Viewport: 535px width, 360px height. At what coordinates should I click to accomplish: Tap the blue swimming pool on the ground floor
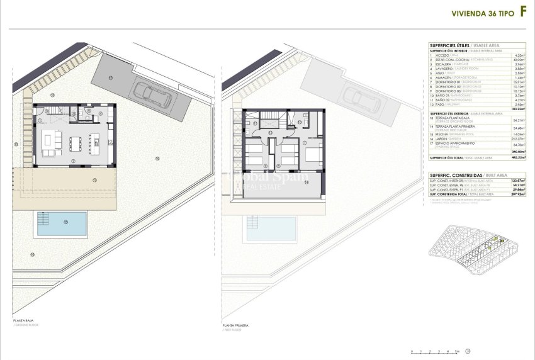tap(62, 223)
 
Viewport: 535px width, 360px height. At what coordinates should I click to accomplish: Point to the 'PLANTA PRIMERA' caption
tap(236, 325)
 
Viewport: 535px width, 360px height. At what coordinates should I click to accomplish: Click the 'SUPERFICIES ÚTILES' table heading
tap(448, 45)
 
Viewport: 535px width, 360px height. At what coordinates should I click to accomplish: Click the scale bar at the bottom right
tap(435, 349)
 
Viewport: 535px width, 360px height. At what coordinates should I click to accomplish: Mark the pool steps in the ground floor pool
tap(43, 219)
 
